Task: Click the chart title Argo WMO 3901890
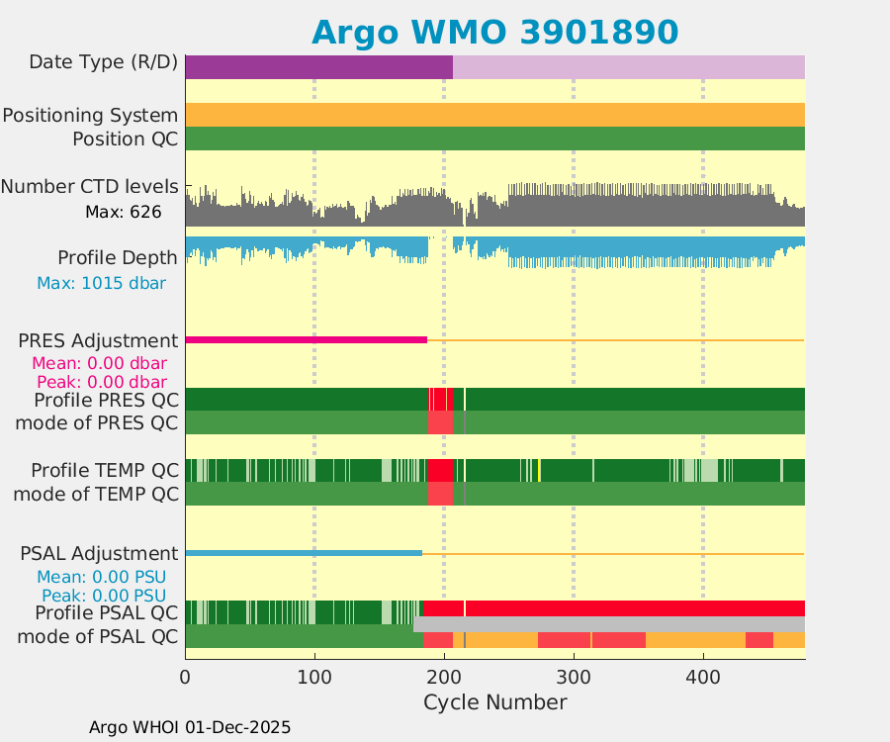pos(494,33)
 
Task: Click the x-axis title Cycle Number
pos(494,702)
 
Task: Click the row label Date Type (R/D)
pos(103,62)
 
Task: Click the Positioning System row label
pos(90,115)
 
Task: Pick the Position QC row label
pos(125,139)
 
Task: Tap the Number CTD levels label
pos(90,186)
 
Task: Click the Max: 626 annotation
pos(123,212)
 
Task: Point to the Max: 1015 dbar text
pos(101,283)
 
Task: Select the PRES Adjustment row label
pos(98,341)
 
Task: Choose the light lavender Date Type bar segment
pos(628,67)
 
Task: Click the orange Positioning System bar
pos(494,115)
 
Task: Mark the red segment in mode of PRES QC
pos(440,422)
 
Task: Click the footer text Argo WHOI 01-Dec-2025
pos(190,727)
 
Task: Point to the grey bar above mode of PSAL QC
pos(608,624)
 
